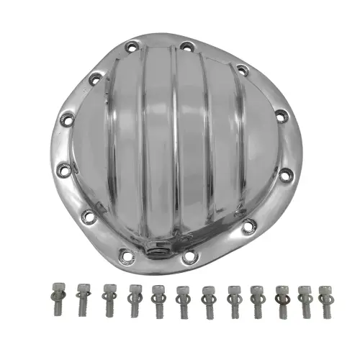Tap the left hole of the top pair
tap(131, 48)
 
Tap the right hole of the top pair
tap(185, 48)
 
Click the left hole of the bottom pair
tap(127, 253)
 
